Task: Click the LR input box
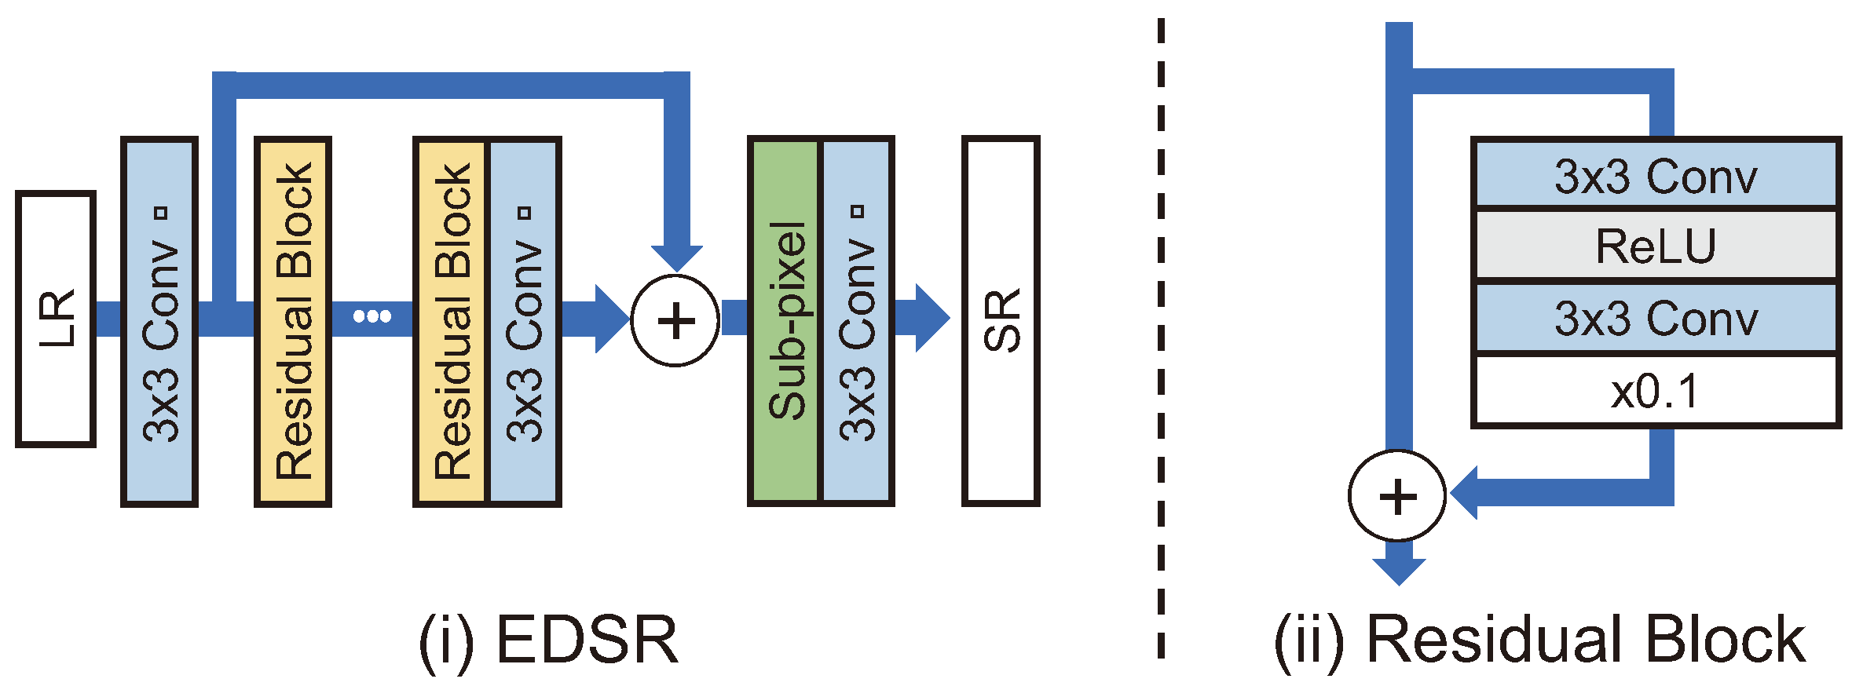[56, 319]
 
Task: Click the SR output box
[1001, 321]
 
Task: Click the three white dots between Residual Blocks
[372, 316]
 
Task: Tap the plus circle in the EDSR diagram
[675, 320]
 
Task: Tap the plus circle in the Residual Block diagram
[1397, 496]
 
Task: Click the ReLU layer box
[1656, 246]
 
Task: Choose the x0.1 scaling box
[1656, 391]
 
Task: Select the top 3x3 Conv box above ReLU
[1656, 175]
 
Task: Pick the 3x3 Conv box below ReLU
[1656, 319]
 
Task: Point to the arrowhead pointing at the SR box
[932, 318]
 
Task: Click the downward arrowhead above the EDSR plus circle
[677, 257]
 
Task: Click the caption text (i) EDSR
[548, 640]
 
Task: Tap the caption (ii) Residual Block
[1539, 640]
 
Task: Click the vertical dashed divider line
[1161, 338]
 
